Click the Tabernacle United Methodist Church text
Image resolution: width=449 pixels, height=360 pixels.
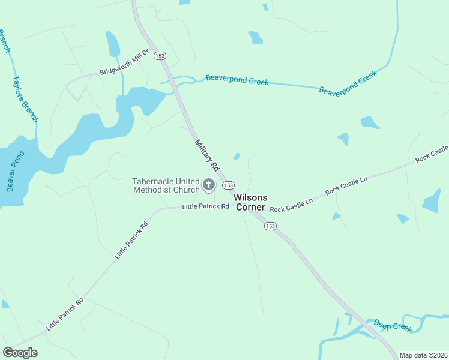click(x=166, y=185)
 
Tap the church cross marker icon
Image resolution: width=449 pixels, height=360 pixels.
click(x=209, y=185)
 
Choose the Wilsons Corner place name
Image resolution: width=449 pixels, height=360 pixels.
click(x=250, y=202)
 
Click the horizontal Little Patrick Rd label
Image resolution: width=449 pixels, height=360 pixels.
click(x=206, y=206)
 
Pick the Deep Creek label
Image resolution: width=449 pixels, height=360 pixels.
click(x=393, y=326)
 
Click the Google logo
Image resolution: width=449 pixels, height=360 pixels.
click(x=20, y=353)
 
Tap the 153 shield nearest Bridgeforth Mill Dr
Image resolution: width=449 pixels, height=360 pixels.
click(x=159, y=56)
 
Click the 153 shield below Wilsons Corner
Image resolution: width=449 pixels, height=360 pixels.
click(x=270, y=226)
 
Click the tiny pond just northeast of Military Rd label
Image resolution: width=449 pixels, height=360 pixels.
click(x=237, y=157)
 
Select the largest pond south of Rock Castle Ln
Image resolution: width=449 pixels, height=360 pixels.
click(x=432, y=202)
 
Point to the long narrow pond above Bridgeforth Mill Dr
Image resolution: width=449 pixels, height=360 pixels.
click(x=112, y=44)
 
